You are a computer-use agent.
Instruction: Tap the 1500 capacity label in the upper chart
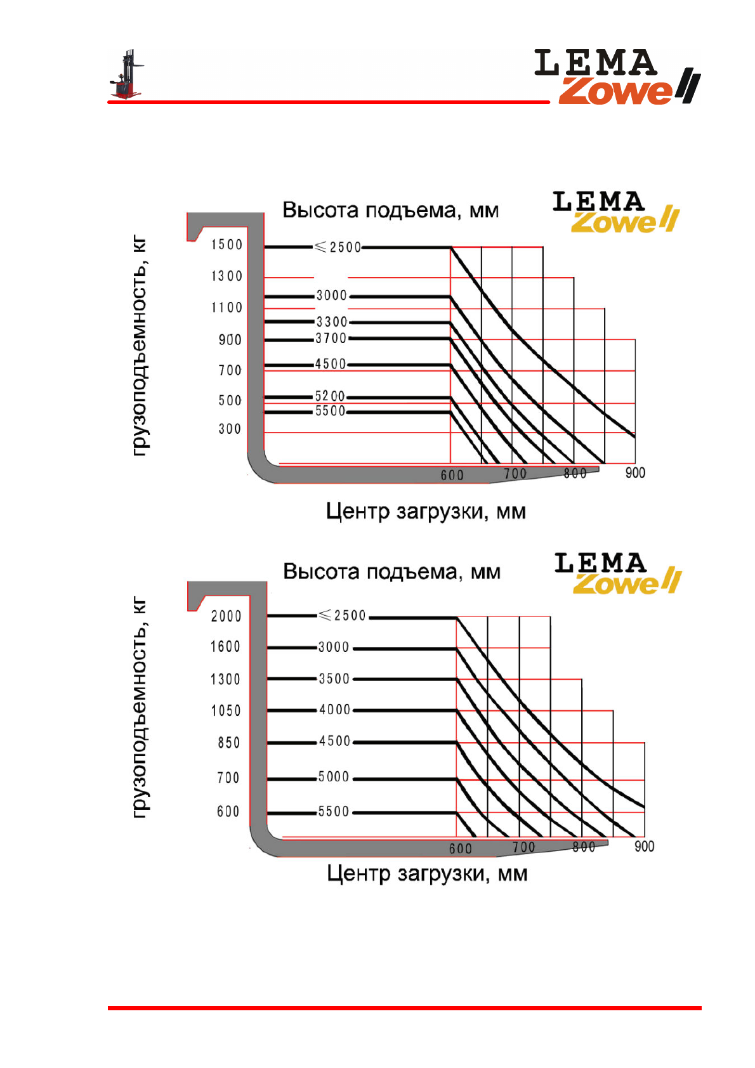click(x=227, y=245)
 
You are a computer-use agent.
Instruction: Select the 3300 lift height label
click(x=332, y=322)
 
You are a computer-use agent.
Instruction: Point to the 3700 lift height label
click(x=331, y=339)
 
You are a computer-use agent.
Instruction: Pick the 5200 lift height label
click(x=330, y=396)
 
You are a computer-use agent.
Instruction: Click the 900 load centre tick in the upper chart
click(x=635, y=473)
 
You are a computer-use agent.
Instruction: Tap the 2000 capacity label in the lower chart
click(x=226, y=616)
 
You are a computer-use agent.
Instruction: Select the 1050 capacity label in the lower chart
click(x=226, y=711)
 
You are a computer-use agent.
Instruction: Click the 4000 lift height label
click(x=334, y=710)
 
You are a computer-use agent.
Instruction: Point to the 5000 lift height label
click(x=334, y=777)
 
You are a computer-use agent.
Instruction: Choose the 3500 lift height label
click(x=334, y=679)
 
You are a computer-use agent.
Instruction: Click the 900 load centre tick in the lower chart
click(x=644, y=847)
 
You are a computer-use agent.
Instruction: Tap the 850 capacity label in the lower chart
click(x=228, y=743)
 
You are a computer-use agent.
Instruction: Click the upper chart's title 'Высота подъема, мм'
click(x=390, y=210)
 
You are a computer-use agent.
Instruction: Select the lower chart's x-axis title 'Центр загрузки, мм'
click(x=427, y=874)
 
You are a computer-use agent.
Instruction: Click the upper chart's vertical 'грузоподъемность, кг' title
click(x=140, y=346)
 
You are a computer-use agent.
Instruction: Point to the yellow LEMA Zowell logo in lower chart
click(x=617, y=573)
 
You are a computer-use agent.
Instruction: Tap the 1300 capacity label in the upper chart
click(x=227, y=277)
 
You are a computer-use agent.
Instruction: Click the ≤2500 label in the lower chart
click(x=343, y=615)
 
